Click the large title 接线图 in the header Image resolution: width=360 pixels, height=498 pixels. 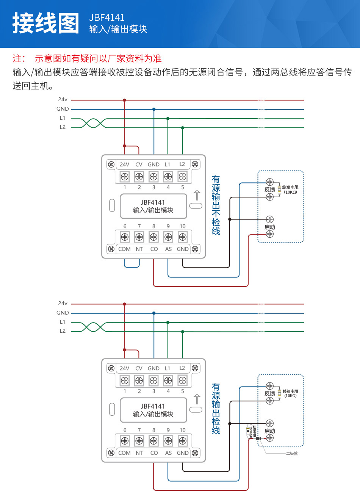pos(46,23)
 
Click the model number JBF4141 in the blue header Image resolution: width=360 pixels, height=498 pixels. pos(106,17)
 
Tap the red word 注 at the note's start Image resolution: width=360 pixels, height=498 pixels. pos(17,58)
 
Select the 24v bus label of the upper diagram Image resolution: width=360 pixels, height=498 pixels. pos(63,100)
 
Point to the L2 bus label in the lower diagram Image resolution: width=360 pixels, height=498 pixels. pos(63,331)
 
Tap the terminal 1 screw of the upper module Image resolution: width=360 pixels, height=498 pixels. pos(125,176)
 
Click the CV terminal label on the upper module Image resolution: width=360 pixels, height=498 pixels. pos(139,164)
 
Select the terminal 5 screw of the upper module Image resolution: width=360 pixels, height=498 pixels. pos(183,176)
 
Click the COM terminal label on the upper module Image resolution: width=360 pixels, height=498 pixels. pos(124,249)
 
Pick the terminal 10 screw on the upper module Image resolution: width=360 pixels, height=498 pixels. pos(183,237)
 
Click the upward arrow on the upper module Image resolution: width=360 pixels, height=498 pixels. pos(197,195)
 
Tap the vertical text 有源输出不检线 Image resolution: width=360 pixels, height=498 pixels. pos(216,205)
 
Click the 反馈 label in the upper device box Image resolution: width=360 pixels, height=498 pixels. pos(270,189)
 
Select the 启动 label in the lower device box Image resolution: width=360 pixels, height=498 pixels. pos(270,431)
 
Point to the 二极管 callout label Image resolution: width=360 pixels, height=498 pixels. pos(292,453)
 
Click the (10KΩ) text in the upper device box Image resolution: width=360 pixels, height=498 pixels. pos(290,192)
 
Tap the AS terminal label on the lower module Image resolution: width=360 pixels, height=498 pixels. pos(168,453)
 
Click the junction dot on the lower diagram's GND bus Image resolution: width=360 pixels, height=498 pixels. pos(154,313)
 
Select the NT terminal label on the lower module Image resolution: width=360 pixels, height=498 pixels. pos(139,453)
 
